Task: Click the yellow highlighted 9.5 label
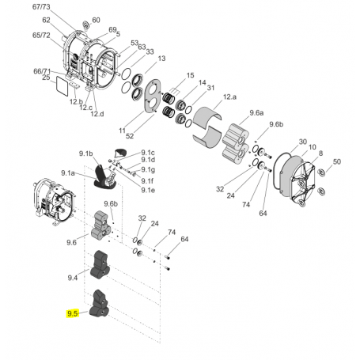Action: coord(72,313)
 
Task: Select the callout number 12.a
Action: coord(229,96)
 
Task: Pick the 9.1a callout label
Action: coord(68,172)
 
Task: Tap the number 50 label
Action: coord(336,161)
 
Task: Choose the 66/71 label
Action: coord(40,71)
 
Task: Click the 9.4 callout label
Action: coord(72,278)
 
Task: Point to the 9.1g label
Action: coord(148,170)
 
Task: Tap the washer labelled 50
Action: coord(321,171)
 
